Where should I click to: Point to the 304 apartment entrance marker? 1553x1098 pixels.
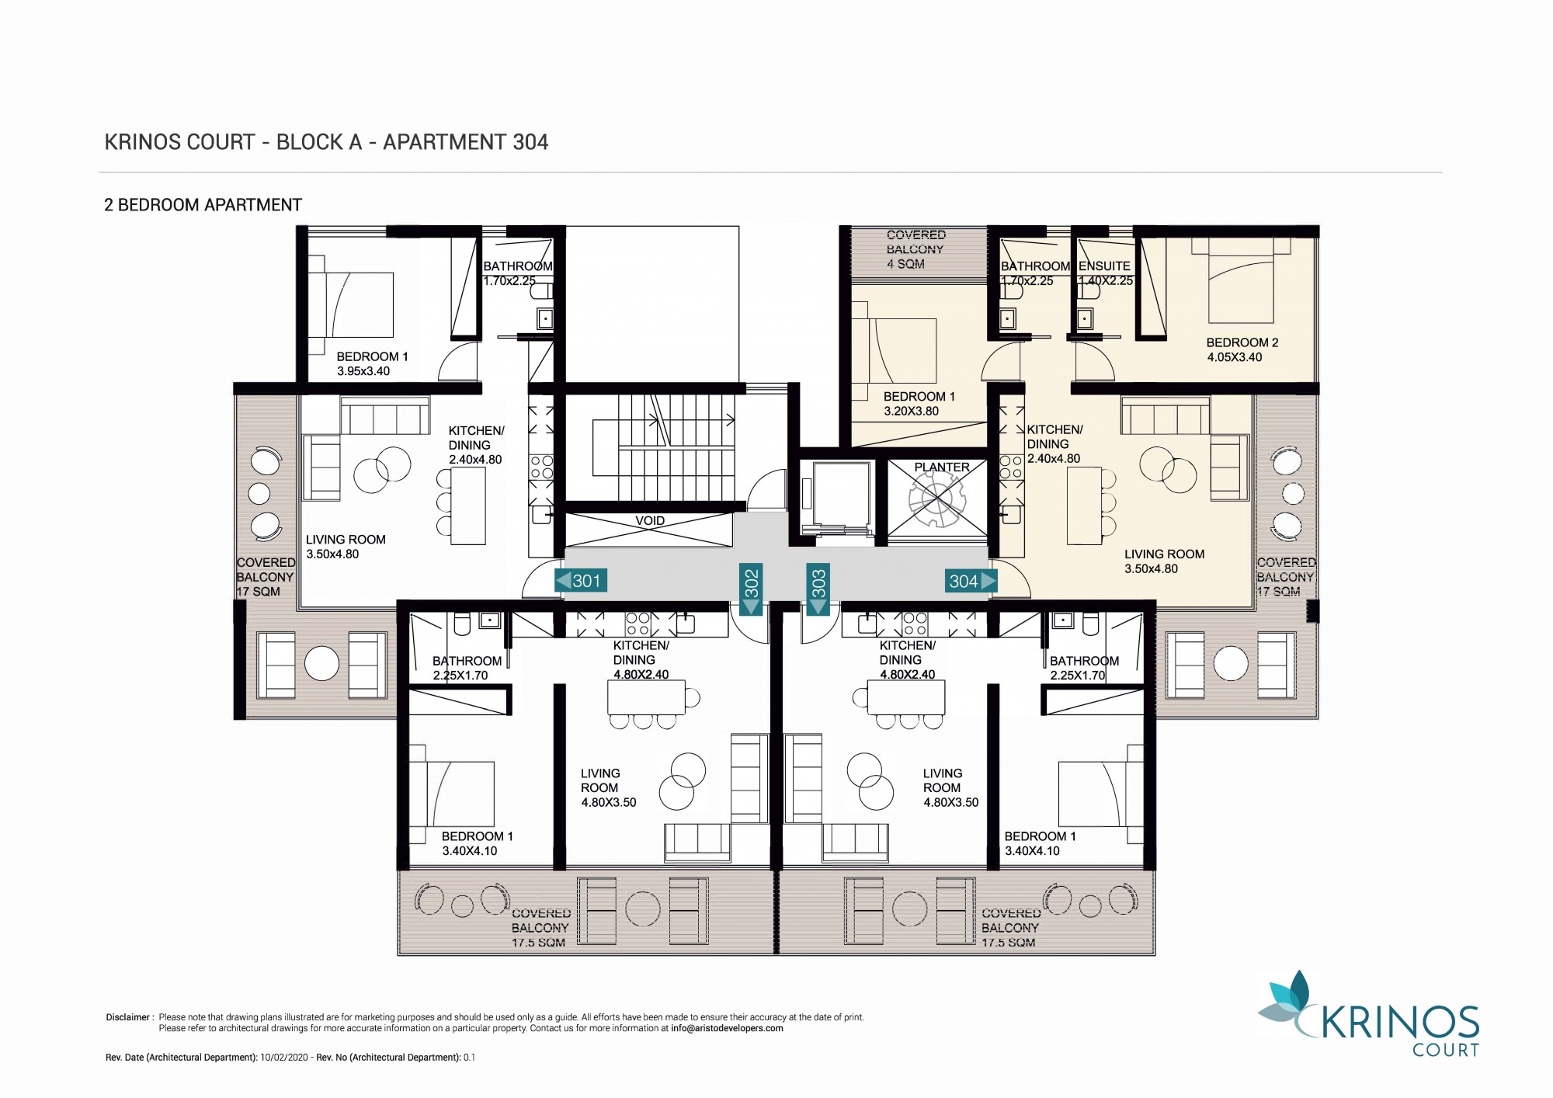tap(971, 581)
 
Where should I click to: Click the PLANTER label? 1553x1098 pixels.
tap(942, 467)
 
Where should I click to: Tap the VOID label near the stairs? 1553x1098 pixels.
tap(650, 521)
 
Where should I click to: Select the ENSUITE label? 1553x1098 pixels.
tap(1104, 266)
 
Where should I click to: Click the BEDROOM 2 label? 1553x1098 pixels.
tap(1242, 342)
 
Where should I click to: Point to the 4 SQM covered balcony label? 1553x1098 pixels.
tap(905, 264)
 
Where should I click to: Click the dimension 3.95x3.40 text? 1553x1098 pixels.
tap(363, 371)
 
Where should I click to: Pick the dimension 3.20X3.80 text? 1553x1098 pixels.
tap(911, 411)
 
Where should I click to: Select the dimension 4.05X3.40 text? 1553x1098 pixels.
tap(1235, 357)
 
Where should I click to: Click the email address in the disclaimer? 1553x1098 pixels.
tap(728, 1028)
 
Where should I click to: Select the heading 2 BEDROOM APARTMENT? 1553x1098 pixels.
tap(203, 205)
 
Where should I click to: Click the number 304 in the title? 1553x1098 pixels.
tap(530, 142)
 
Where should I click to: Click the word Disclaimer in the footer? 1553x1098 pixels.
tap(128, 1017)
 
